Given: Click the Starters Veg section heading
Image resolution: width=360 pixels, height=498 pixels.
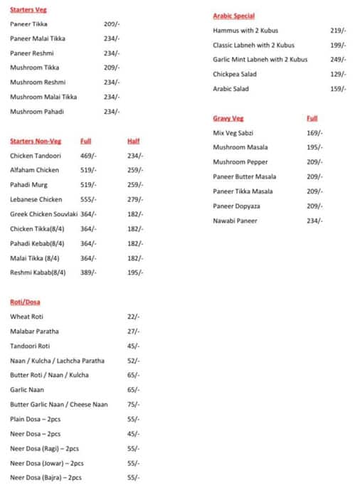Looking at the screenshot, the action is click(28, 10).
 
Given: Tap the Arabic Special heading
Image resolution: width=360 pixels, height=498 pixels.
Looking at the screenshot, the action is click(233, 16).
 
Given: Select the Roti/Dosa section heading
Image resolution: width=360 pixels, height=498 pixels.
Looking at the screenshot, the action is click(25, 302).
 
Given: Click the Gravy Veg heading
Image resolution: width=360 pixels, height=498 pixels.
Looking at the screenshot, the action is click(228, 118).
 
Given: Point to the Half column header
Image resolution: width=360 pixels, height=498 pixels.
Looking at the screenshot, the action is click(134, 141).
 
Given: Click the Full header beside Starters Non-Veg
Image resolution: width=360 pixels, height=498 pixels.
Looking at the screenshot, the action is click(86, 141).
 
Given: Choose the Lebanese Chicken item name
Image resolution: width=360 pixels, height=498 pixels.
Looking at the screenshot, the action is click(36, 199).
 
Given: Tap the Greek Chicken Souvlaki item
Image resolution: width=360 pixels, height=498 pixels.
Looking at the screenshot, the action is click(43, 214).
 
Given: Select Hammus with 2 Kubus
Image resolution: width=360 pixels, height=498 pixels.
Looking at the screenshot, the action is click(245, 31).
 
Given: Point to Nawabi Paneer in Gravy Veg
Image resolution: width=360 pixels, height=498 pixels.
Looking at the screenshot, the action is click(235, 221).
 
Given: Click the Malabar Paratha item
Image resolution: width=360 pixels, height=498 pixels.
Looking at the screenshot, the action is click(34, 331).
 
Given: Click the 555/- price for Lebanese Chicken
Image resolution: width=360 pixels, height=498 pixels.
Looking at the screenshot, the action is click(89, 199).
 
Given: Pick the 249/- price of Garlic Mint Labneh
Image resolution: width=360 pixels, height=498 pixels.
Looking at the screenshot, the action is click(338, 60).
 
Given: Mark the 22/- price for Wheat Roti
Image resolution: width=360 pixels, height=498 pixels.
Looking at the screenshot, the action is click(133, 317).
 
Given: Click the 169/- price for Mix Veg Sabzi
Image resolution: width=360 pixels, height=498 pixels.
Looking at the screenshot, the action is click(314, 133).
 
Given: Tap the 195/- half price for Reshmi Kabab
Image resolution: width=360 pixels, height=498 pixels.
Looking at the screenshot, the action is click(135, 272).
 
